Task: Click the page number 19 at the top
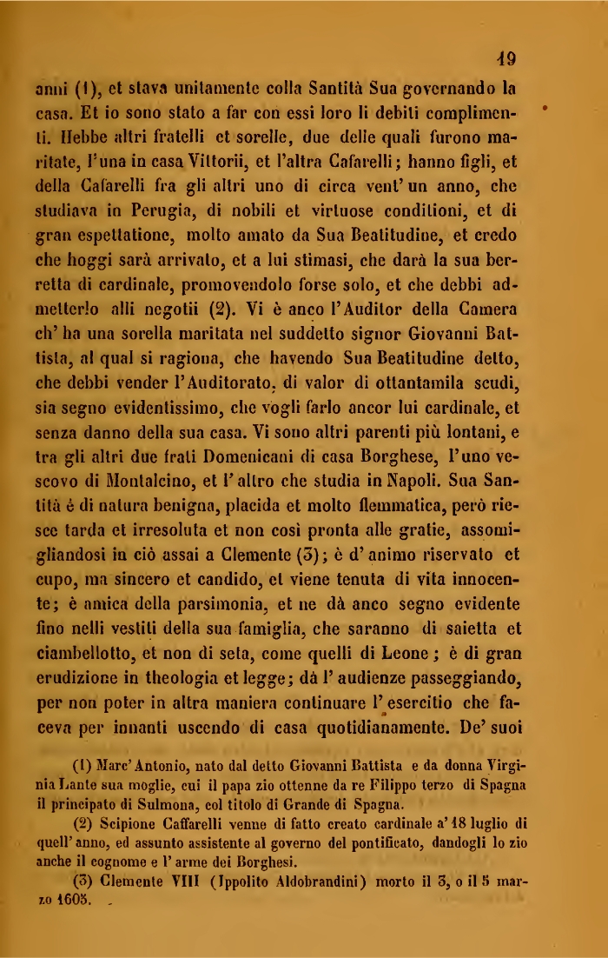pos(501,59)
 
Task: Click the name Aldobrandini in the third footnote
pos(287,881)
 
